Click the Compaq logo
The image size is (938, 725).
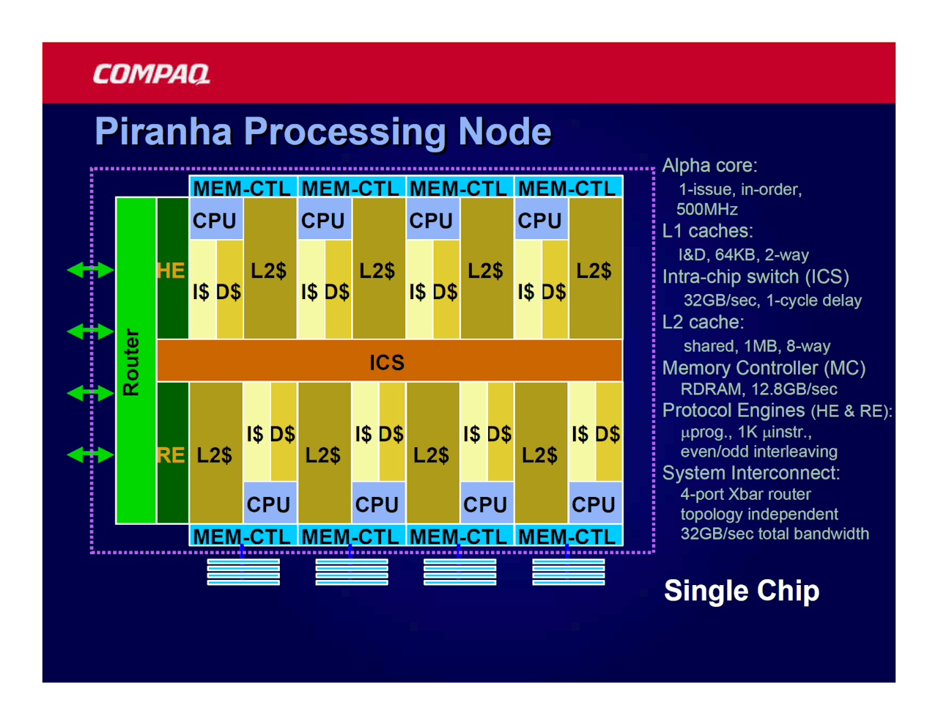151,74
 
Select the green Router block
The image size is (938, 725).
136,360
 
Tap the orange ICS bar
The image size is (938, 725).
389,361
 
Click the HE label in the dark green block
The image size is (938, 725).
171,271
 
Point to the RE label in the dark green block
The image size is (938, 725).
171,455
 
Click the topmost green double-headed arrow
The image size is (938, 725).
91,270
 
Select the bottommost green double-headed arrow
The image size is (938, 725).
91,454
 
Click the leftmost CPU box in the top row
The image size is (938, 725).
216,218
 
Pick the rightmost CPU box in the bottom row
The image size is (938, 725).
595,503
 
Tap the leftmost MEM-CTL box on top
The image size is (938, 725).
243,187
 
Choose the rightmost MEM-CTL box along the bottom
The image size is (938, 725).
568,534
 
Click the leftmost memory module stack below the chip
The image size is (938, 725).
243,572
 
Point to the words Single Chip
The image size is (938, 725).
741,591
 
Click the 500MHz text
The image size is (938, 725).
706,210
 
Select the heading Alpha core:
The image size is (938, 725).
709,166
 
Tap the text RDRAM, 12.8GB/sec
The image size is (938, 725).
758,389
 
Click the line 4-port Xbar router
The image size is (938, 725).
745,494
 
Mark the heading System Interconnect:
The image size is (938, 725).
751,473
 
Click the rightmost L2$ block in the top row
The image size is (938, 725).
595,268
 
